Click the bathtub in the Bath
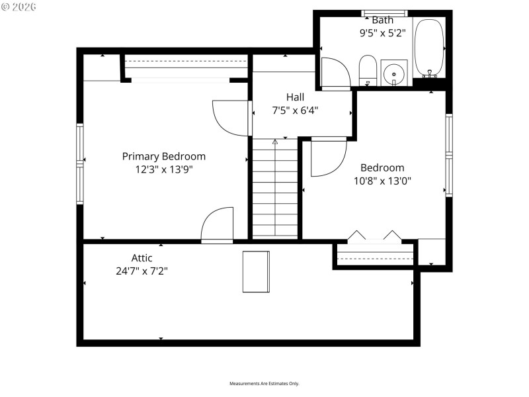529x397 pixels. pos(430,48)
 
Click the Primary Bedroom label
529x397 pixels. pos(163,156)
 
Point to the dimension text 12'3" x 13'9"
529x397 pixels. pos(163,169)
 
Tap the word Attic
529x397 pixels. pos(142,258)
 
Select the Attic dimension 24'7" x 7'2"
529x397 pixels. pos(142,270)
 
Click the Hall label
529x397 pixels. pos(295,97)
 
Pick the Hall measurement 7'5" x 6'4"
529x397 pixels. pos(295,110)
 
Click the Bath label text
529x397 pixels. pos(382,20)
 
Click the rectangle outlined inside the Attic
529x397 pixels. pos(256,271)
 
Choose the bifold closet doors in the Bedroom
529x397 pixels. pos(375,237)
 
